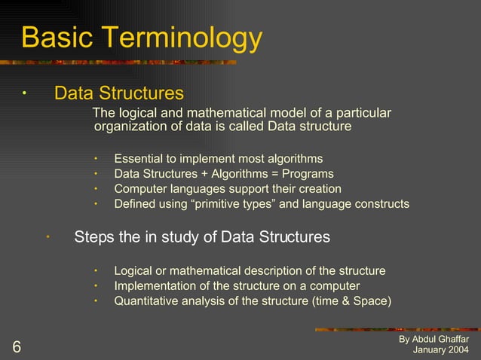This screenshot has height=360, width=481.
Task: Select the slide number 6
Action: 16,347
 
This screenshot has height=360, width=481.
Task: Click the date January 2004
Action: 440,351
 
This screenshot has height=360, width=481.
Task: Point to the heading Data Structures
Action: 118,93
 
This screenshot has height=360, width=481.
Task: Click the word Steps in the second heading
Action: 94,237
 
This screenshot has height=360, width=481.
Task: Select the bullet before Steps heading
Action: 46,238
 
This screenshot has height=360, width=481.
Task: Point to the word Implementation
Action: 152,285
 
